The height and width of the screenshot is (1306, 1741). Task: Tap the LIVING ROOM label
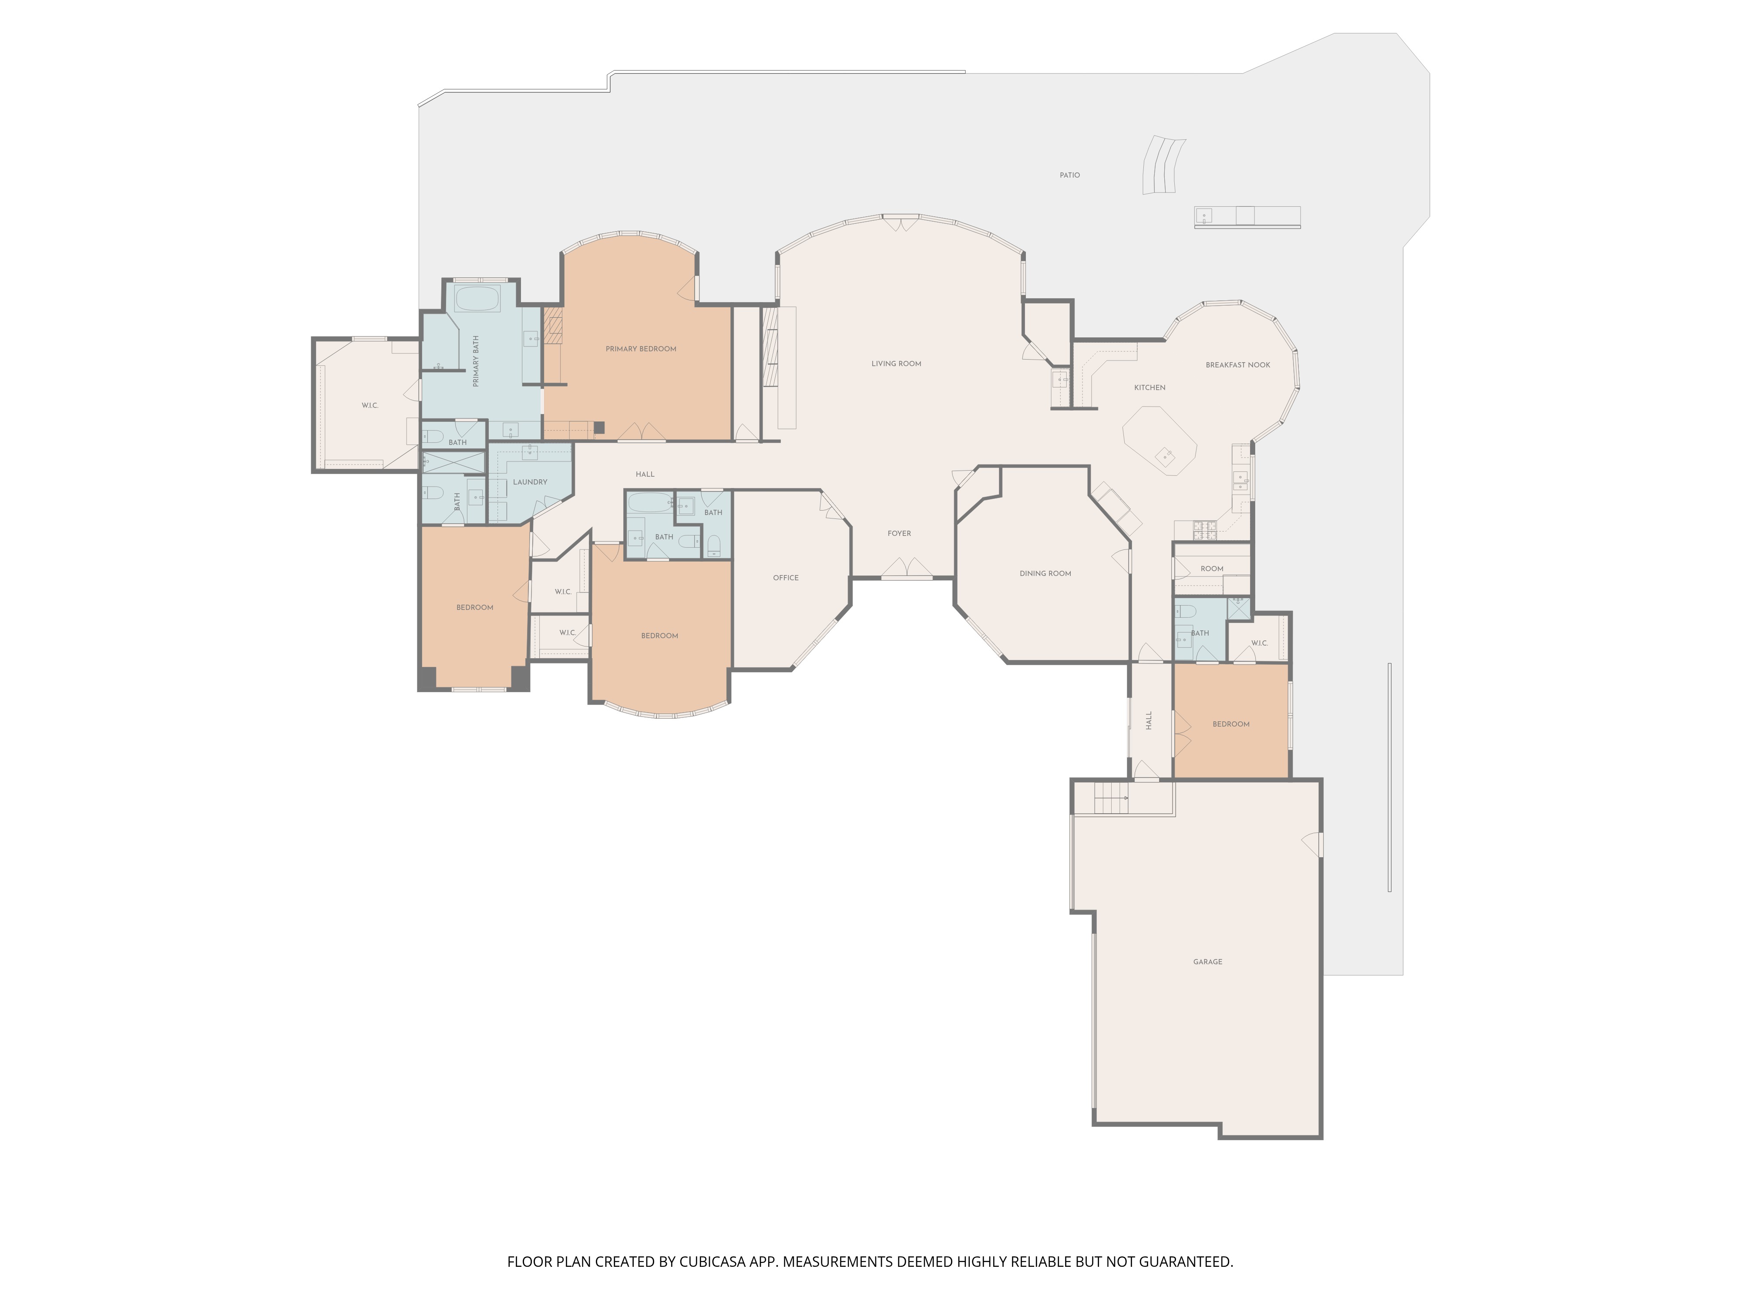[897, 364]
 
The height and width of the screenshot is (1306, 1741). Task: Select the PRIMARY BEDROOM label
[641, 349]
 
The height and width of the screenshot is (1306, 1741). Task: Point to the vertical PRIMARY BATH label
[475, 361]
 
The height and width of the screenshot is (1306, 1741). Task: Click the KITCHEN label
[1150, 387]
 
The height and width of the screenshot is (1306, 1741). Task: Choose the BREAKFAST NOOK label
[1238, 364]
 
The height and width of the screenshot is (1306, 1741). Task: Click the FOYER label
[900, 533]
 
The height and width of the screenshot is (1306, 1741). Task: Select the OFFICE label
[786, 578]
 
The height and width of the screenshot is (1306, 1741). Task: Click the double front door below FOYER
[906, 569]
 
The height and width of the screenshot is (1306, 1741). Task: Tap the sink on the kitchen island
[1165, 455]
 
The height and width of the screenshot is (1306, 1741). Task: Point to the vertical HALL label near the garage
[1148, 720]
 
